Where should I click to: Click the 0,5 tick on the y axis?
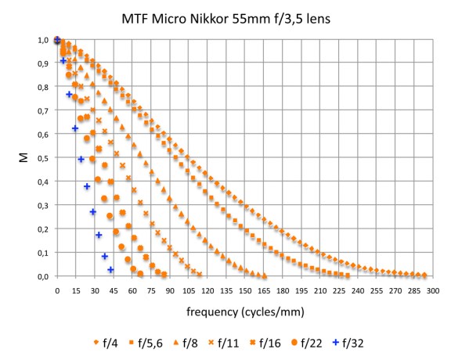[x=43, y=158]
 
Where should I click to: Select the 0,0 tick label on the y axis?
[x=43, y=276]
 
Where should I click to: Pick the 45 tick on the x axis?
[x=112, y=290]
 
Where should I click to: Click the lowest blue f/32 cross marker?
[x=110, y=270]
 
